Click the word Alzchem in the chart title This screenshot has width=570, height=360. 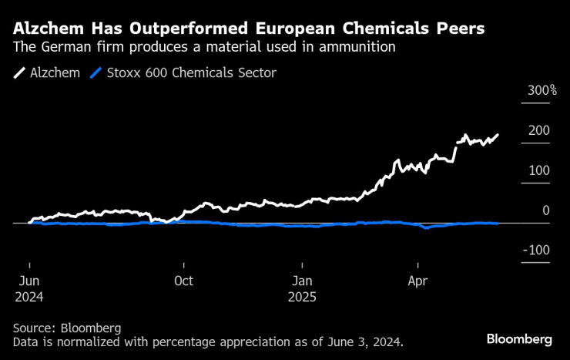coord(45,29)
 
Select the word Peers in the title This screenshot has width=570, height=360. coord(461,29)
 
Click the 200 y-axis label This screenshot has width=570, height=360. coord(538,130)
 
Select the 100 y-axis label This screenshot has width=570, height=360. coord(538,170)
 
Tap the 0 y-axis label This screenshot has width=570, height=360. coord(546,210)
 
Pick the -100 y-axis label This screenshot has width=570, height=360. coord(536,251)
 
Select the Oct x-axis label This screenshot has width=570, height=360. coord(183,281)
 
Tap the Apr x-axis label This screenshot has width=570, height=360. coord(417,281)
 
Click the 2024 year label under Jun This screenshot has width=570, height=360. coord(28,295)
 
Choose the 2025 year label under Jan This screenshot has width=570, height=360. coord(303,295)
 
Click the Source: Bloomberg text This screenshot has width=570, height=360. coord(67,328)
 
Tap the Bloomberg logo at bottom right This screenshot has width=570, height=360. coord(519,339)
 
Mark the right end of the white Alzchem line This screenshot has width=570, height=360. coord(498,135)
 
